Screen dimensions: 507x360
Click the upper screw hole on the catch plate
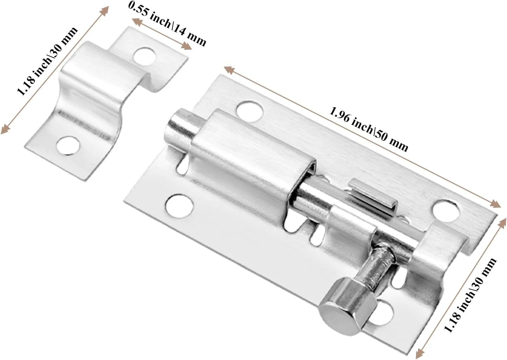click(x=145, y=57)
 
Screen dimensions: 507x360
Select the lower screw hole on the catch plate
click(x=68, y=146)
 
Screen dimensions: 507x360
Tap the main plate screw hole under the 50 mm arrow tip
click(x=446, y=211)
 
